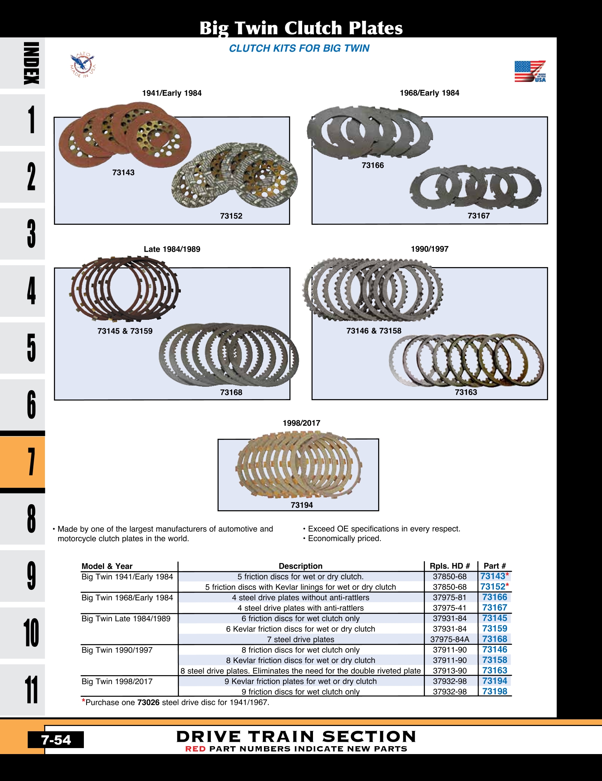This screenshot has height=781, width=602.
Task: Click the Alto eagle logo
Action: [x=83, y=65]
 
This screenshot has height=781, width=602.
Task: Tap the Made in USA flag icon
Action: [x=530, y=71]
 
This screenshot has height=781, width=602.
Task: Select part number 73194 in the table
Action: [x=494, y=681]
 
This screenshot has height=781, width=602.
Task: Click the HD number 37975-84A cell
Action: [x=449, y=639]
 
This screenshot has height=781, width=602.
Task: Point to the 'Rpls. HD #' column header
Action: [x=449, y=566]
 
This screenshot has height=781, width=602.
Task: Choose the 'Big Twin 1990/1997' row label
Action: [x=117, y=650]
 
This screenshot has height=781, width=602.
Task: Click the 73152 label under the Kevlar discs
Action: [x=231, y=216]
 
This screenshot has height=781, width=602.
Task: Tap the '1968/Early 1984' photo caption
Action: [x=429, y=93]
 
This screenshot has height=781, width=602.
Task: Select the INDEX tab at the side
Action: [x=31, y=63]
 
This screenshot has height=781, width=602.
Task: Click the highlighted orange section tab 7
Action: [x=31, y=462]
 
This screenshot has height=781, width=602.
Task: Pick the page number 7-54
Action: [x=56, y=740]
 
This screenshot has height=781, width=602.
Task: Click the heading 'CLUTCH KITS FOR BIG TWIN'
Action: [x=299, y=48]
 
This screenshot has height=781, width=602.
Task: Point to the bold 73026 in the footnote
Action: [x=148, y=702]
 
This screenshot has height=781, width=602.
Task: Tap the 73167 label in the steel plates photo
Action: [x=478, y=215]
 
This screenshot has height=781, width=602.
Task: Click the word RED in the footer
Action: [x=195, y=749]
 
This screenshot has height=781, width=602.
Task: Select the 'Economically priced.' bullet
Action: [x=344, y=539]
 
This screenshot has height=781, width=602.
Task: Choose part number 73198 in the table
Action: [x=494, y=692]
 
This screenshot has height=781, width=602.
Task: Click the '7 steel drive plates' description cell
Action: [x=300, y=639]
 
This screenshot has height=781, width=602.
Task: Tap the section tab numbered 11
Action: [x=31, y=690]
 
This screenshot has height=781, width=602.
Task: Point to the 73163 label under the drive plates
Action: [x=466, y=392]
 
